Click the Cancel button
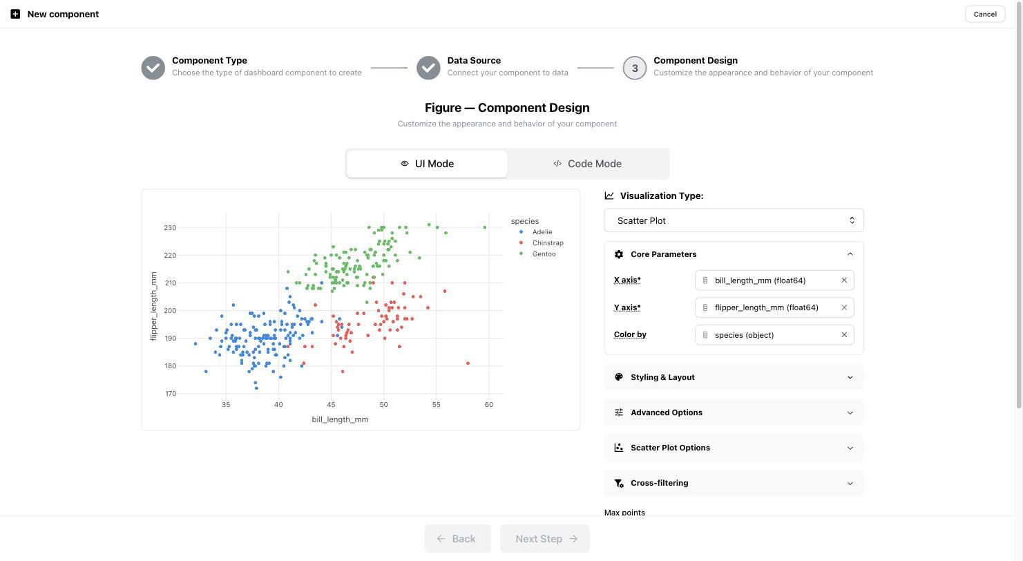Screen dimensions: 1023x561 pyautogui.click(x=984, y=14)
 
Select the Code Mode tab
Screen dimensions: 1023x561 pyautogui.click(x=587, y=164)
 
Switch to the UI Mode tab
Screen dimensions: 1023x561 pyautogui.click(x=427, y=164)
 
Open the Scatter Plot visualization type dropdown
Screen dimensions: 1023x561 pyautogui.click(x=734, y=220)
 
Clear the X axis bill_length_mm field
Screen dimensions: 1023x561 pyautogui.click(x=844, y=280)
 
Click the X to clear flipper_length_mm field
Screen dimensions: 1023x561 pyautogui.click(x=844, y=307)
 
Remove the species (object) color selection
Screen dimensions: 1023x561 pyautogui.click(x=844, y=335)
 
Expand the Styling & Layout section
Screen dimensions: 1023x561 pyautogui.click(x=734, y=377)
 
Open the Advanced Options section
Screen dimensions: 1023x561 pyautogui.click(x=734, y=412)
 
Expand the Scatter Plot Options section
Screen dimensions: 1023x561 pyautogui.click(x=734, y=448)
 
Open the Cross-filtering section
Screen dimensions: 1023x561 pyautogui.click(x=734, y=483)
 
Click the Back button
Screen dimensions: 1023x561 pyautogui.click(x=457, y=539)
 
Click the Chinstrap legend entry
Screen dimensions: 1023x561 pyautogui.click(x=542, y=243)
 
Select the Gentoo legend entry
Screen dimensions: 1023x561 pyautogui.click(x=538, y=254)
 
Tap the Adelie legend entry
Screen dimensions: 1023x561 pyautogui.click(x=536, y=232)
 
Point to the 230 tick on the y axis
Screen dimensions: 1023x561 pyautogui.click(x=170, y=227)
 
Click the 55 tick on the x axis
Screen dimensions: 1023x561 pyautogui.click(x=436, y=404)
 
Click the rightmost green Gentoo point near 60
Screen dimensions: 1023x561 pyautogui.click(x=484, y=227)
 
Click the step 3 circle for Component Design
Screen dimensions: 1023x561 pyautogui.click(x=634, y=68)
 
